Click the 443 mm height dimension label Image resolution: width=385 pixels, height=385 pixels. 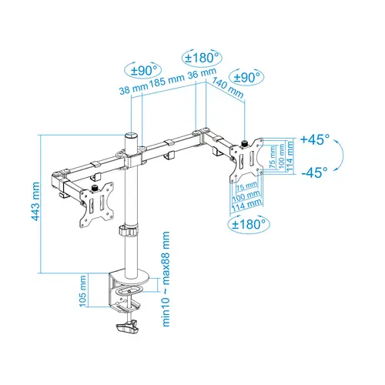(35, 202)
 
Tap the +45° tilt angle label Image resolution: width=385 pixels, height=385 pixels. (314, 139)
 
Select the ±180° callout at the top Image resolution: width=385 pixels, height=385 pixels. (202, 58)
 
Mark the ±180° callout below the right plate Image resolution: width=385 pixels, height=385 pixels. (247, 224)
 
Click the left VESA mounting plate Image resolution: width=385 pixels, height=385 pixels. (98, 206)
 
